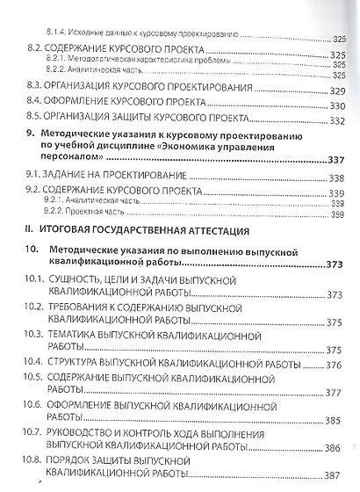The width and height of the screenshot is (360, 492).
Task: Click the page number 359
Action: [x=339, y=214]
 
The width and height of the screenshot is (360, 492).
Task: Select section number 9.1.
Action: [x=34, y=174]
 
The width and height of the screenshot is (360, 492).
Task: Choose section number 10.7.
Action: [x=34, y=432]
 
